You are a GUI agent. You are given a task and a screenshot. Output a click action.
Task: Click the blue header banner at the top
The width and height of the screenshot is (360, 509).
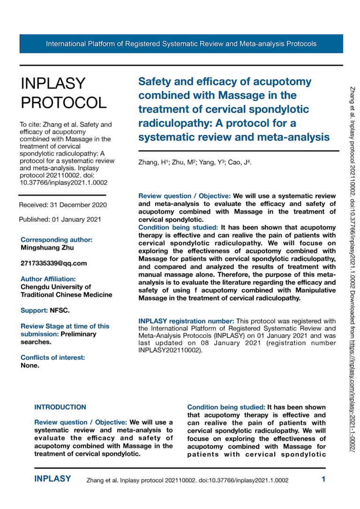point(181,44)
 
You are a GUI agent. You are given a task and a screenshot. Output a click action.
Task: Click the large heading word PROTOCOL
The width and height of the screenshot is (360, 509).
point(64,102)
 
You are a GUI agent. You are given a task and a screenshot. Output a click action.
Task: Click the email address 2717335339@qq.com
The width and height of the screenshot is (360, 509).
point(53,263)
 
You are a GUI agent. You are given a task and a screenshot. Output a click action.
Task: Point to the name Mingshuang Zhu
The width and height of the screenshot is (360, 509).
point(47,247)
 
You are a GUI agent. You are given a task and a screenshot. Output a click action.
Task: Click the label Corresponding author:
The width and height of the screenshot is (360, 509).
point(56,240)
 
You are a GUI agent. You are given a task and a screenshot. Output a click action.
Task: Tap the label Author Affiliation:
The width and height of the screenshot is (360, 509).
point(48,279)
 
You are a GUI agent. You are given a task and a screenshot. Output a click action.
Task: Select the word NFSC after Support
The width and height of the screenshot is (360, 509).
point(60,310)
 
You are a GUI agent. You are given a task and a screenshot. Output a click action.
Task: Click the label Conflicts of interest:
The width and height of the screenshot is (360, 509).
point(52,358)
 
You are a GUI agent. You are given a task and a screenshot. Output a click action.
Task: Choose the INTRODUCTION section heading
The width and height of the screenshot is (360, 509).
point(60,407)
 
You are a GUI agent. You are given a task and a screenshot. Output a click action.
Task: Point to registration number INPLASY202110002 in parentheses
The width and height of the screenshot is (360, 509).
point(170,350)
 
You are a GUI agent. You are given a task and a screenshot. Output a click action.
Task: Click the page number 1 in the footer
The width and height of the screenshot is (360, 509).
point(323,479)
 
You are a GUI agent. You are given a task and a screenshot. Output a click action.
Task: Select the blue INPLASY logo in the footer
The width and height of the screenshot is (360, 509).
point(52,479)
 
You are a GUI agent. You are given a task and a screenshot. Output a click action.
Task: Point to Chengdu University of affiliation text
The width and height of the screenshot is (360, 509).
point(56,287)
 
